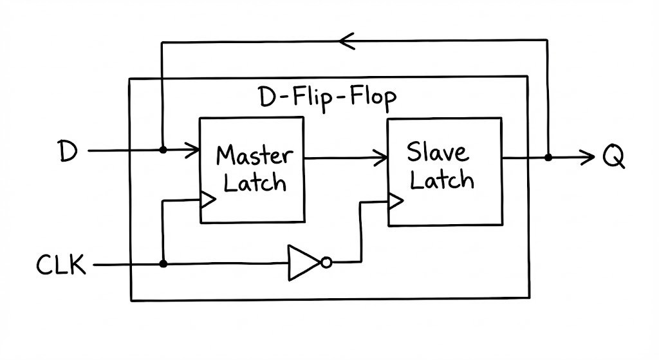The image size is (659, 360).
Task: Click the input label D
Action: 67,151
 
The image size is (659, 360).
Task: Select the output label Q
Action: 613,156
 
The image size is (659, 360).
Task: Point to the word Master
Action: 254,155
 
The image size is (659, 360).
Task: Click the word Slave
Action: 438,153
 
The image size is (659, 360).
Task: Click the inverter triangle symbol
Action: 301,262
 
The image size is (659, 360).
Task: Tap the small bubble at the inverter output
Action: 326,263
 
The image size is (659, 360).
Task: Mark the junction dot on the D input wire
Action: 163,150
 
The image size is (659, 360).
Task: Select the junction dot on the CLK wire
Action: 163,264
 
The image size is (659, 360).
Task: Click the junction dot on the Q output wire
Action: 548,157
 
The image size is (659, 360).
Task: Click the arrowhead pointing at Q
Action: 586,156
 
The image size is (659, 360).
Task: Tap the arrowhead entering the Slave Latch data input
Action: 382,156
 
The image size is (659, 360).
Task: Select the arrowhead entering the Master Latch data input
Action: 193,151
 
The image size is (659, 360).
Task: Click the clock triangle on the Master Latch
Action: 208,200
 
